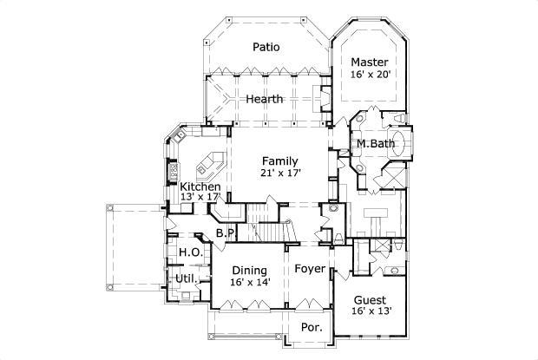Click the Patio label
(266, 47)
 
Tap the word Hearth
(264, 100)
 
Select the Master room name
(369, 62)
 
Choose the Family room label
(279, 160)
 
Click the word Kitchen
(200, 187)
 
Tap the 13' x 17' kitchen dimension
(200, 199)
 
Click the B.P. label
(226, 233)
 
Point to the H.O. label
(190, 252)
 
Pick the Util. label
(185, 278)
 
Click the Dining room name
(249, 270)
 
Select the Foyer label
(309, 270)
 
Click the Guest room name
(369, 300)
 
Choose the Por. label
(310, 328)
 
